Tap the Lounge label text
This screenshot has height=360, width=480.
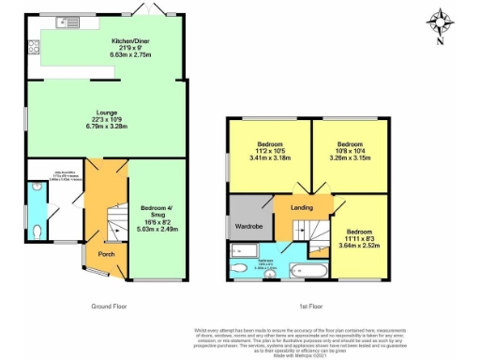click(105, 113)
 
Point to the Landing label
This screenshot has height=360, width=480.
click(302, 208)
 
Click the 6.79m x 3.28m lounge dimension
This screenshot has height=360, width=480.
click(105, 128)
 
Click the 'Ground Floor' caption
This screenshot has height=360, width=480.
click(111, 306)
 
